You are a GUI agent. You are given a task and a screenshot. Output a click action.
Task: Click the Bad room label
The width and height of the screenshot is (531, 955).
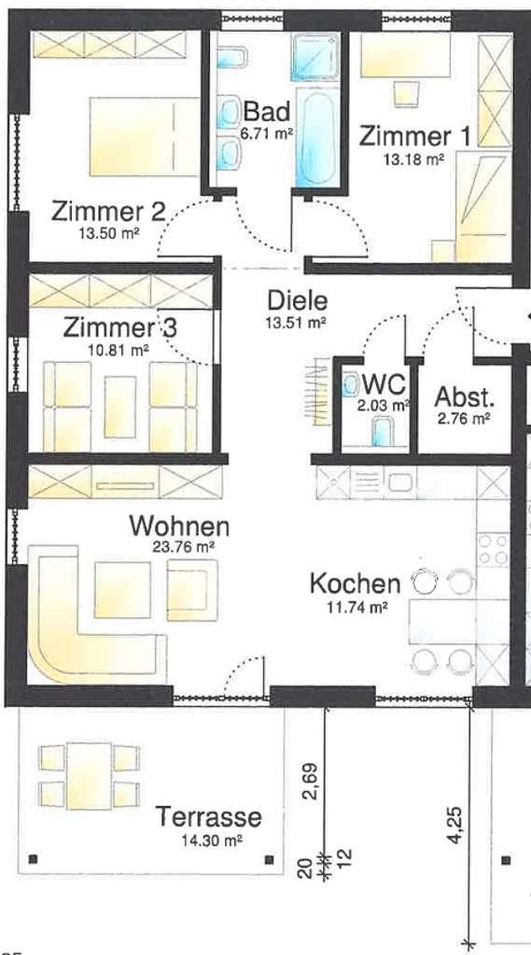[266, 113]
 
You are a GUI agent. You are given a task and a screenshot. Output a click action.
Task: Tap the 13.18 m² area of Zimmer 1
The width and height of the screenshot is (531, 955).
[412, 159]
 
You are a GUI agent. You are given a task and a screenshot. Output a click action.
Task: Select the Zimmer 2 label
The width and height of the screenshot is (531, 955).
[107, 211]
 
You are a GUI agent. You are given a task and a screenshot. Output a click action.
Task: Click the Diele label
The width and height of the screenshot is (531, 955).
[297, 301]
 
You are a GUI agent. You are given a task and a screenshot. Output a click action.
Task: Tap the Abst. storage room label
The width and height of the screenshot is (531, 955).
[464, 397]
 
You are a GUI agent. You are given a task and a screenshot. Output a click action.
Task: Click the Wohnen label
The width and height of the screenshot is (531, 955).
[178, 526]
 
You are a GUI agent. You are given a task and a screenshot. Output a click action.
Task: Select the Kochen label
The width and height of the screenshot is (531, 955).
[355, 585]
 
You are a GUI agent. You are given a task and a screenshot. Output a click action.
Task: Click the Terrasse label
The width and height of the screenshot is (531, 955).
[208, 818]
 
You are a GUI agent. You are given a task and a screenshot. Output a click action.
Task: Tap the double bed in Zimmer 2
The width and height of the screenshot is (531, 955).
[145, 136]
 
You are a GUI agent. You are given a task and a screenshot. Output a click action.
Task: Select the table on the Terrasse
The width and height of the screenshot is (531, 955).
[90, 776]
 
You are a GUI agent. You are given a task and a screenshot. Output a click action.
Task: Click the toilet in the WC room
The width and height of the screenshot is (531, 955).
[383, 432]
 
